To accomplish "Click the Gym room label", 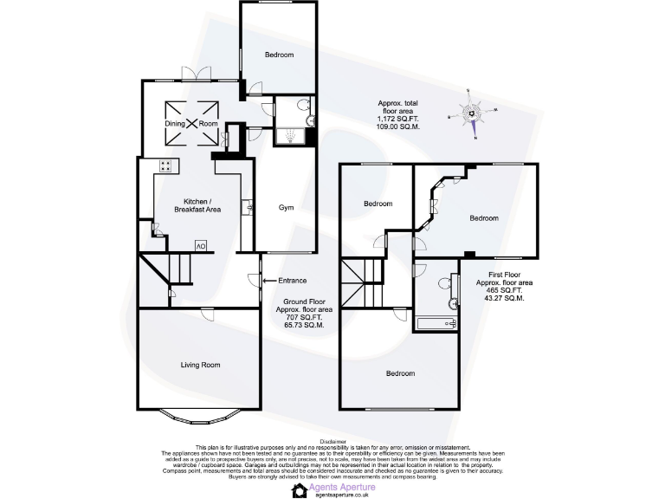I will [x=286, y=208].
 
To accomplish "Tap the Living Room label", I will [x=200, y=365].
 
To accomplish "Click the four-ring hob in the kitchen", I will [x=165, y=165].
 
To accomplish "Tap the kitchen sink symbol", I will [x=248, y=207].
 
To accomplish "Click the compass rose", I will [x=473, y=113].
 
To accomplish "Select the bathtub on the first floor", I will [x=437, y=324].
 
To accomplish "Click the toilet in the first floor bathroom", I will [x=444, y=282].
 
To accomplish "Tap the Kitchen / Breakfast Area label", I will [x=197, y=205].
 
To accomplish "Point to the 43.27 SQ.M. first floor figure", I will [x=504, y=298].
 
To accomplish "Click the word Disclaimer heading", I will [x=332, y=440].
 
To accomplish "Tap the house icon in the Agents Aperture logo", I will [x=298, y=490].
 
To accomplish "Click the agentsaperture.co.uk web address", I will [x=339, y=495].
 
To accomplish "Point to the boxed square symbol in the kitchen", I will [x=200, y=245].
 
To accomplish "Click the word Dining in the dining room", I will [x=175, y=124].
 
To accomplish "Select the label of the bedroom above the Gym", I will [x=279, y=55].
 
